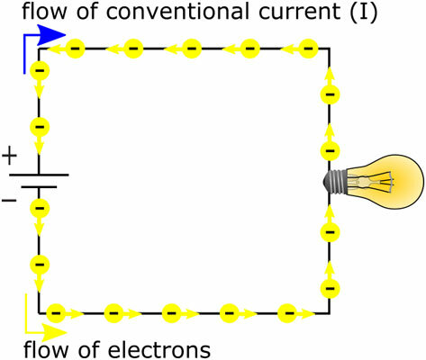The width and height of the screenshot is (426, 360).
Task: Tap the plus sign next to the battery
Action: click(10, 157)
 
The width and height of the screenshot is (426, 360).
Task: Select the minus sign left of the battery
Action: click(9, 198)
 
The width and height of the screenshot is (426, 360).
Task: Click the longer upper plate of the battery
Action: click(40, 174)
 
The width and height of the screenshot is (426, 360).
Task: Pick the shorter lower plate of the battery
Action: click(40, 188)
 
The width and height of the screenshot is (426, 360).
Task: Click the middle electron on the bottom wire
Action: click(171, 313)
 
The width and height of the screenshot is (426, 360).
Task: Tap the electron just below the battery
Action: click(40, 208)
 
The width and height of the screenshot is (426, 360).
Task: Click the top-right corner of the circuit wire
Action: click(330, 46)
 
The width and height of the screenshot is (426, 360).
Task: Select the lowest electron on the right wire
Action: click(330, 288)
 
